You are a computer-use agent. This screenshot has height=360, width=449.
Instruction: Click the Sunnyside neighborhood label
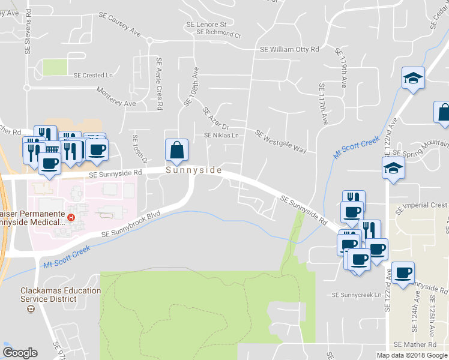(194, 170)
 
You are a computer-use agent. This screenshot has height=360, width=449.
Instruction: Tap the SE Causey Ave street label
(124, 26)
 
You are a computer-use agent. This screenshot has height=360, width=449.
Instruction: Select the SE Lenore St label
(206, 25)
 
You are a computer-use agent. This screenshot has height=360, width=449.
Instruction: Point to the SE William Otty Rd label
(289, 50)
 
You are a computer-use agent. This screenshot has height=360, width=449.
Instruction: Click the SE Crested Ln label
(93, 76)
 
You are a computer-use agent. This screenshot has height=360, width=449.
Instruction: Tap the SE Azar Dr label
(216, 119)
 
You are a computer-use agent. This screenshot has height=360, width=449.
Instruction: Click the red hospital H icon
(71, 217)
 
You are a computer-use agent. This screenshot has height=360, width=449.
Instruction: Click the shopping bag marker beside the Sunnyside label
(177, 151)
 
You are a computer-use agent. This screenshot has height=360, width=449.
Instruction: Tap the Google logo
(20, 353)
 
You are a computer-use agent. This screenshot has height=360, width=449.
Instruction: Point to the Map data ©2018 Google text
(411, 355)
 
